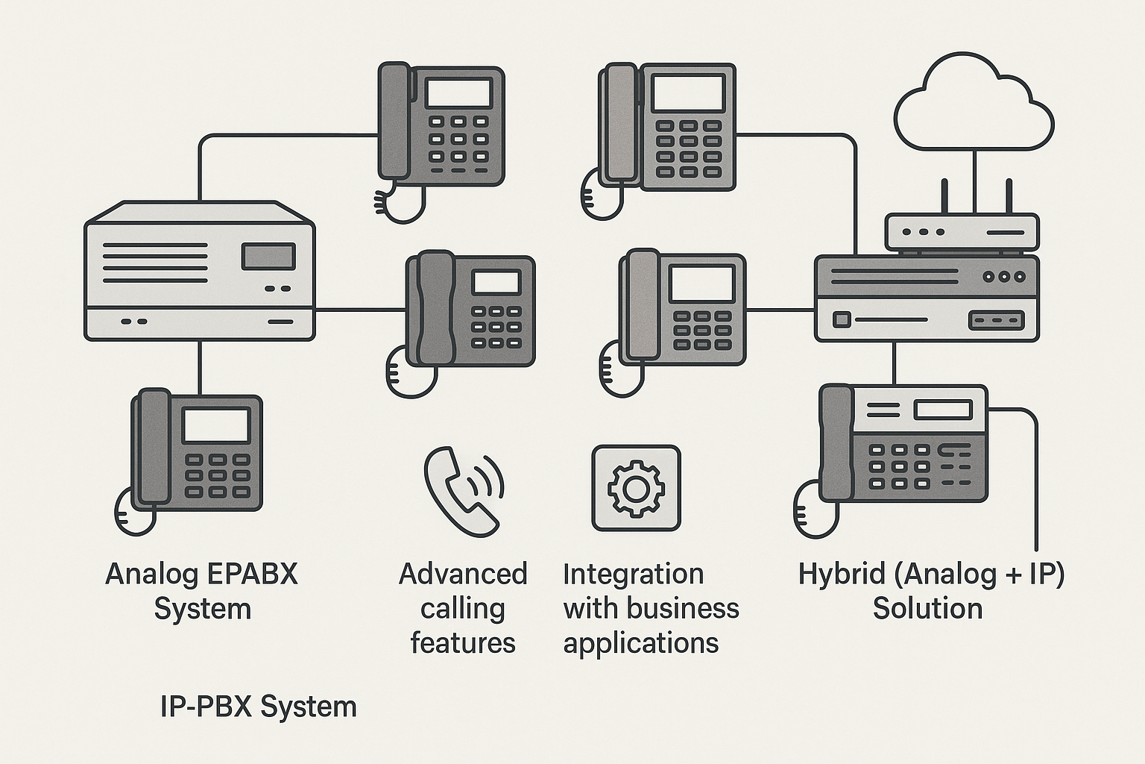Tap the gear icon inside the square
coord(635,489)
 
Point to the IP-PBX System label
coord(258,706)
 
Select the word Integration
coord(633,574)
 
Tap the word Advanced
coord(463,574)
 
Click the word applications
coord(640,642)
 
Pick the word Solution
coord(927,609)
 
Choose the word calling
coord(463,609)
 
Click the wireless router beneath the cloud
coord(961,232)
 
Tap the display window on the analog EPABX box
coord(268,256)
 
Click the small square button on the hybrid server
coord(841,320)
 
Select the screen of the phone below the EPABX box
coord(216,425)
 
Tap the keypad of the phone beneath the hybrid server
coord(899,467)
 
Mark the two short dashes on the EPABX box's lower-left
coord(134,322)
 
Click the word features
coord(463,642)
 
